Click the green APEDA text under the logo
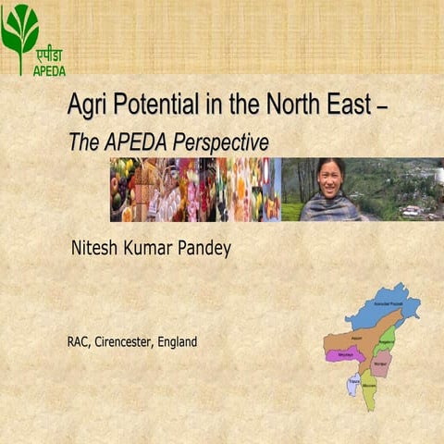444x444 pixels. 49,70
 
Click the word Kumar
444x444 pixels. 151,249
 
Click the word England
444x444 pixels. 177,342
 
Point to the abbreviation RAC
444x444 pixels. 78,342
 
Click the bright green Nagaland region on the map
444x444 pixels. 388,337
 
